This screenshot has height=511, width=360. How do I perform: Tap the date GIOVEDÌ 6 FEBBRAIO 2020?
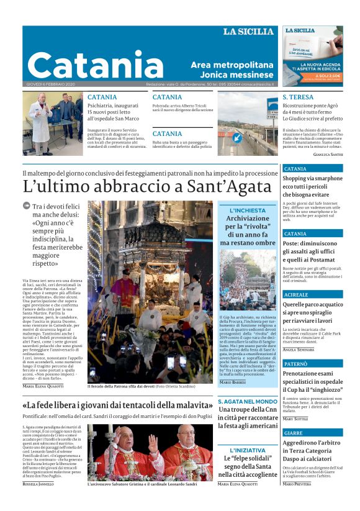click(50, 84)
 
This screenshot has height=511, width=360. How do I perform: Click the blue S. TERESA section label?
click(298, 97)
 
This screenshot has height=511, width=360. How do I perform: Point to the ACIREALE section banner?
click(295, 294)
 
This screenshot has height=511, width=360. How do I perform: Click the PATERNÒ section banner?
click(295, 363)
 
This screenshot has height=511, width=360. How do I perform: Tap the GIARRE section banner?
click(294, 432)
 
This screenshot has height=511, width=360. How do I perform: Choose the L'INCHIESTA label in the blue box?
click(248, 210)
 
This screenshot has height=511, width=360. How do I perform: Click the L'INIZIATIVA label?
click(248, 450)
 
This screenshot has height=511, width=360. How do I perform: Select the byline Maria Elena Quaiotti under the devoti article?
click(43, 386)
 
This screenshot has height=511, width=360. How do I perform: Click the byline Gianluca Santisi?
click(326, 153)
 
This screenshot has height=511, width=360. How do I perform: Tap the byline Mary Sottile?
click(295, 419)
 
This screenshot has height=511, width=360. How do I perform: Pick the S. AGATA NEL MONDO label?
click(248, 401)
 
